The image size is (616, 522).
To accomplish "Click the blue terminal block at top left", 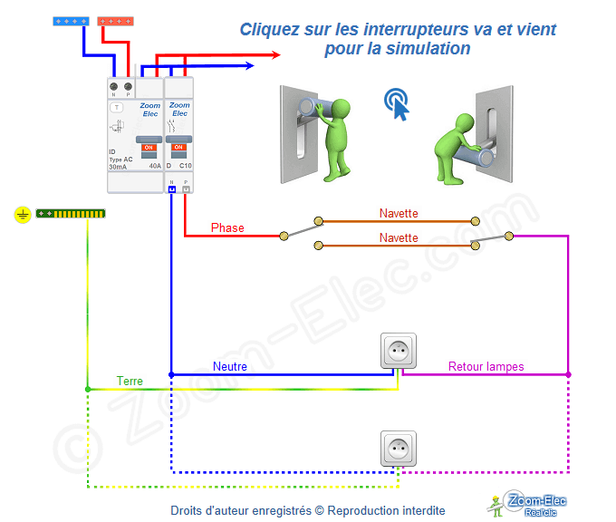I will click(x=70, y=19).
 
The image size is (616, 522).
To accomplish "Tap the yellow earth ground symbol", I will click(x=22, y=215).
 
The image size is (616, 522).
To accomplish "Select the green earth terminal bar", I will click(x=71, y=215).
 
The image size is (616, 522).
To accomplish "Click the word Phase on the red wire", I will click(x=227, y=227).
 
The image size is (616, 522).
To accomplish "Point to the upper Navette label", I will click(x=399, y=214).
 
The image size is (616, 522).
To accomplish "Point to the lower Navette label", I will click(x=399, y=237).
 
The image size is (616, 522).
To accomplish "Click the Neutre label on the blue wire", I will click(x=230, y=367).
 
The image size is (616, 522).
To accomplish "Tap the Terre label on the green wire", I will click(x=130, y=381).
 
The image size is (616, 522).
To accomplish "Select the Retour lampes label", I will click(x=486, y=367).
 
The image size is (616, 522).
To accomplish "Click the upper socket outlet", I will click(x=398, y=351).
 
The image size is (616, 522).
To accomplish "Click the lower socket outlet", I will click(x=398, y=449).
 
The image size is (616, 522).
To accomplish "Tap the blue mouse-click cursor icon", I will click(x=396, y=104).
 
